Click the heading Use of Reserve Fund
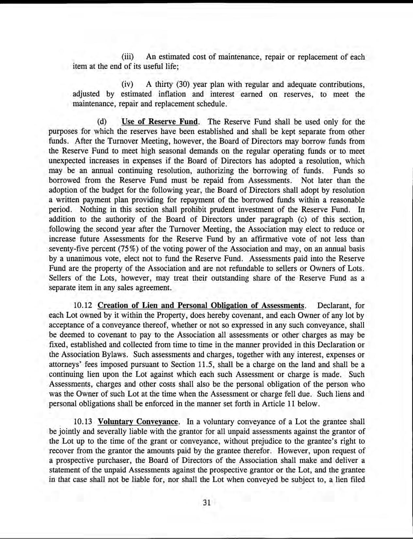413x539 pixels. click(160, 122)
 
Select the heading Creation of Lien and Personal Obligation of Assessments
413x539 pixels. click(201, 306)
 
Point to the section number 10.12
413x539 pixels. click(83, 306)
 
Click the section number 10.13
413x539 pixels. click(83, 422)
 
